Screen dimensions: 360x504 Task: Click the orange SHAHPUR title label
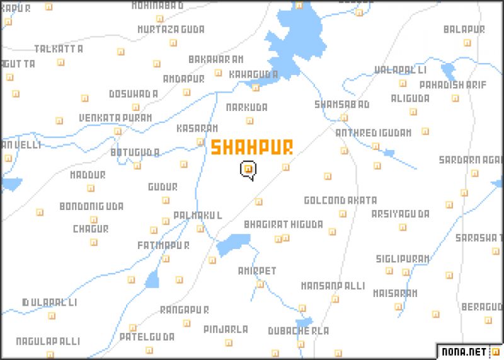tap(251, 148)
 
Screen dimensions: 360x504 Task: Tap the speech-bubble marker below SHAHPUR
tap(249, 170)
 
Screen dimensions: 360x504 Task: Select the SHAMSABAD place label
tap(342, 104)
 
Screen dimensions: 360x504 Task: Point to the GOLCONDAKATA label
tap(340, 200)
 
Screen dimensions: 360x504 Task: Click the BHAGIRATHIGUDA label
tap(283, 224)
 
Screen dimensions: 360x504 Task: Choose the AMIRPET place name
tap(257, 270)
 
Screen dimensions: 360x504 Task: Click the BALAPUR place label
tap(464, 30)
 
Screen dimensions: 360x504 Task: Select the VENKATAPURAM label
tap(115, 118)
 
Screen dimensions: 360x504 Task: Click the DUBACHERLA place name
tap(299, 330)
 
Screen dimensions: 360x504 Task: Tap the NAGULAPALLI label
tap(49, 341)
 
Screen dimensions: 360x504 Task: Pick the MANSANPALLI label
tap(332, 286)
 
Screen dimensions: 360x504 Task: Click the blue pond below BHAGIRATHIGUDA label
tap(233, 244)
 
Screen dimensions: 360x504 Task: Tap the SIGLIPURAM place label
tap(403, 258)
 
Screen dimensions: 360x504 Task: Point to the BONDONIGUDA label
tap(91, 206)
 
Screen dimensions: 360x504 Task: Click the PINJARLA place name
tap(226, 329)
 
